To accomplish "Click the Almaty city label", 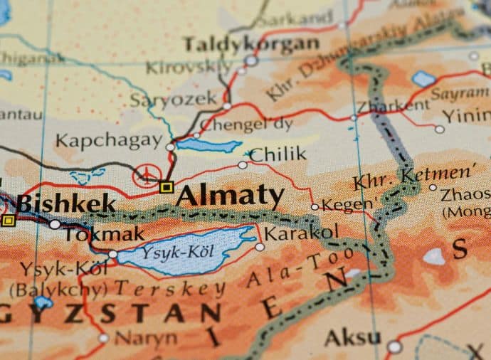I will pos(231,196).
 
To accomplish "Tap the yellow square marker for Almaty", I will pos(167,187).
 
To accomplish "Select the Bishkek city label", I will pos(65,204).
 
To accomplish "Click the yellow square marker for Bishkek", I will pos(8,221).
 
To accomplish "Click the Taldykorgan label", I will pos(250,44).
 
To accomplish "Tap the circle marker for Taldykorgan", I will pos(250,61).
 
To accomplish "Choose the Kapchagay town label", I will pos(109,139).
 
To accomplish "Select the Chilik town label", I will pos(278,154).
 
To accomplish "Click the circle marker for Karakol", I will pos(260,247).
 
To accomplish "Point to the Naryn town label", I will pos(145,337).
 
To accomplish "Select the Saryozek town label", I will pos(174,100).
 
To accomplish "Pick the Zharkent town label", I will pos(394,106).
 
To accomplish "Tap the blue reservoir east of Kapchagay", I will pos(208,145).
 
